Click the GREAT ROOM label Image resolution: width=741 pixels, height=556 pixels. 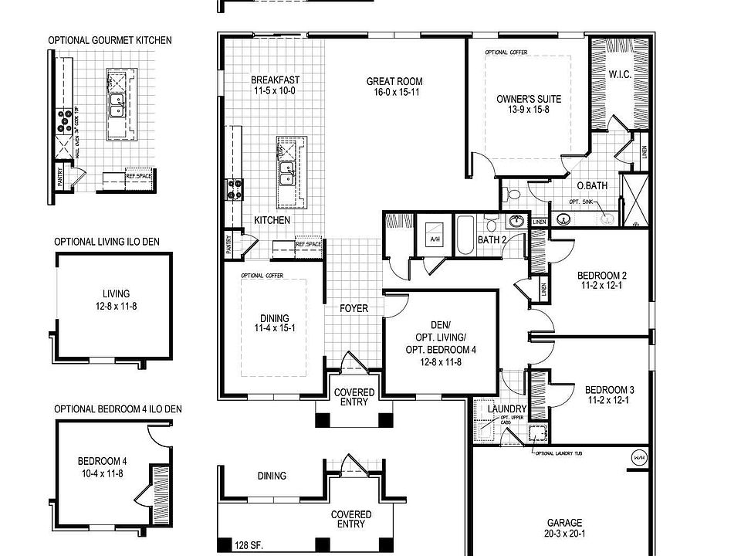click(394, 81)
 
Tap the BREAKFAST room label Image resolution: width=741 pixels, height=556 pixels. click(275, 80)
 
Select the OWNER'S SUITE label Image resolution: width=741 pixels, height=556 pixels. click(528, 99)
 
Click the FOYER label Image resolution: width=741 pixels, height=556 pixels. click(354, 309)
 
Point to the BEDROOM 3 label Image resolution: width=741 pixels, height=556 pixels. click(609, 389)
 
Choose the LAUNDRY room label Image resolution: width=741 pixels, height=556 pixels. click(507, 409)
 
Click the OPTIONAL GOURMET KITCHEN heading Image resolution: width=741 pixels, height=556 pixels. click(110, 40)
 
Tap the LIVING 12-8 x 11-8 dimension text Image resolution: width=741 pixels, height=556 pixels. click(116, 305)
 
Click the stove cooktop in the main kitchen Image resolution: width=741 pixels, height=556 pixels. click(234, 189)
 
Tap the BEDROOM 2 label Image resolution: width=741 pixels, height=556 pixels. click(601, 276)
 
